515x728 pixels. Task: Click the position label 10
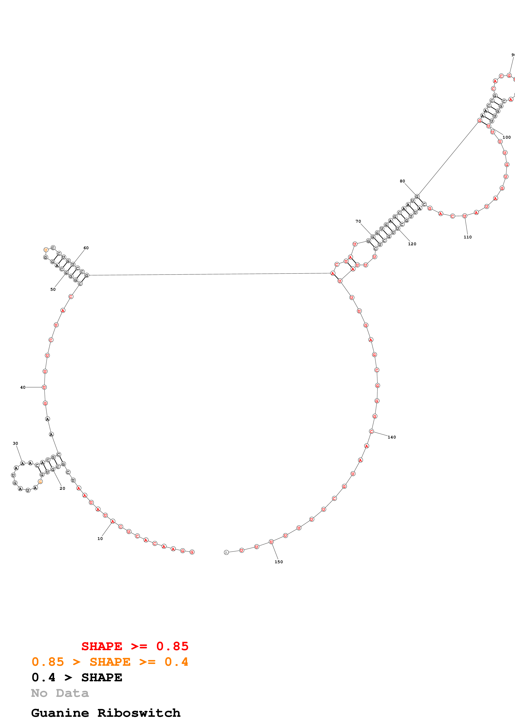click(100, 538)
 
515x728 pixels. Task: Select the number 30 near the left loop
click(15, 443)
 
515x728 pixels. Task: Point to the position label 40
click(23, 387)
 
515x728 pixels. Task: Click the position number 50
click(53, 289)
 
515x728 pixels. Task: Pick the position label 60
click(86, 248)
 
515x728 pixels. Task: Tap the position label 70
click(358, 221)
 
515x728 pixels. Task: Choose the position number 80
click(402, 181)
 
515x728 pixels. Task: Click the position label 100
click(507, 137)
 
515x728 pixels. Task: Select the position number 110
click(468, 237)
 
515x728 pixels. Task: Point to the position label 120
click(412, 244)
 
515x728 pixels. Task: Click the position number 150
click(279, 562)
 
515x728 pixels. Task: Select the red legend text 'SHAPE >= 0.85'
click(135, 646)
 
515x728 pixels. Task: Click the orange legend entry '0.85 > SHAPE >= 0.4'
click(110, 662)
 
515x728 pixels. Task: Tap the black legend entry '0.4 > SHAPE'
click(77, 677)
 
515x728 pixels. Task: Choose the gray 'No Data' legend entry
click(60, 693)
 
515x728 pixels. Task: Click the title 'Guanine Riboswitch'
click(106, 713)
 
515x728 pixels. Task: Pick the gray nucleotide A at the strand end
click(226, 552)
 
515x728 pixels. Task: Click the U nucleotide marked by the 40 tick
click(44, 387)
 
